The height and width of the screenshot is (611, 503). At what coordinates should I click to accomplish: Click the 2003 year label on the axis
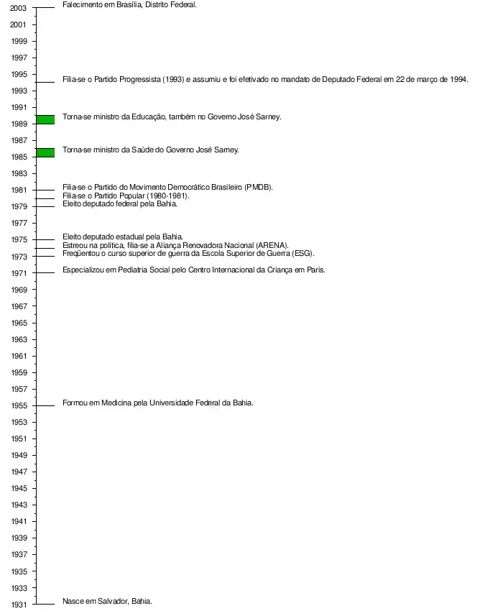(19, 8)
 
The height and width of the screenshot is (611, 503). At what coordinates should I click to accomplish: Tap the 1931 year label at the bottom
(19, 605)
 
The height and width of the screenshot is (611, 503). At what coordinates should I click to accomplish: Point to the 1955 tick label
(19, 406)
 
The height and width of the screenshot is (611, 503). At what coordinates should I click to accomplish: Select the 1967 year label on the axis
(19, 307)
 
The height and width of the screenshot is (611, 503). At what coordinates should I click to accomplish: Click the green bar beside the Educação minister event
(45, 119)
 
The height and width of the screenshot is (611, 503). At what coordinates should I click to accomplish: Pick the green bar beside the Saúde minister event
(45, 152)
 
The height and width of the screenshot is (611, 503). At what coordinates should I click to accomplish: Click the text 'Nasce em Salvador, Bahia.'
(107, 601)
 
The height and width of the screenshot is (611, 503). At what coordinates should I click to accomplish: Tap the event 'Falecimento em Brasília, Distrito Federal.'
(129, 4)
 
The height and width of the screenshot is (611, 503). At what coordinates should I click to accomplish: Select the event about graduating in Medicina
(157, 403)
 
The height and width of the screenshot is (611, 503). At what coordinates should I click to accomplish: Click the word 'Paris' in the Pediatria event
(315, 270)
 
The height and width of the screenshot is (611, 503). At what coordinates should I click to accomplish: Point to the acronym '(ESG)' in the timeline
(303, 253)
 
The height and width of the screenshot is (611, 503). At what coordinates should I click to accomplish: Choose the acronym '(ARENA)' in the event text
(272, 245)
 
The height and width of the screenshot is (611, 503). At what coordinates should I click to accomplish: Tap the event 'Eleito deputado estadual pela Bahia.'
(123, 236)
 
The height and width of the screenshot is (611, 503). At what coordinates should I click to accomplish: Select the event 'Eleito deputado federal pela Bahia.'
(119, 203)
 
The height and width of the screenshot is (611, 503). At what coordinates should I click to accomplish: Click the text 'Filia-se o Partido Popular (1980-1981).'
(126, 196)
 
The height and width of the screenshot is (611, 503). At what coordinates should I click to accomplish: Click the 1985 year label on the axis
(19, 157)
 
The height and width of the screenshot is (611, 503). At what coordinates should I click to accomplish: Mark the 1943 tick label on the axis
(19, 505)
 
